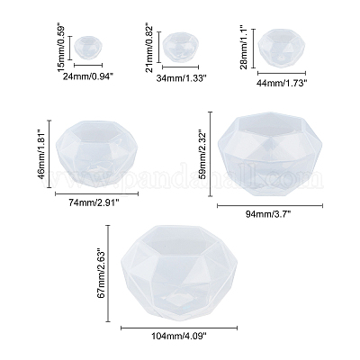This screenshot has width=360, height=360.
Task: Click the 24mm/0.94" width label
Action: (x=87, y=76)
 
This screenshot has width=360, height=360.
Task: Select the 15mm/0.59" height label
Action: (x=61, y=49)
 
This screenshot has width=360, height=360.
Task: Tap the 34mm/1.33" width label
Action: (x=181, y=78)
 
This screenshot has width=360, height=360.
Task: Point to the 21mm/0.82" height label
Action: (x=149, y=48)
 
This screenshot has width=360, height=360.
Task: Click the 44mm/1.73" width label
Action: (x=282, y=83)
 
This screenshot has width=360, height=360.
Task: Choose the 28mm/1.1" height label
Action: (x=244, y=49)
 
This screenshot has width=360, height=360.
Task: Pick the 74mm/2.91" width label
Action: (x=94, y=202)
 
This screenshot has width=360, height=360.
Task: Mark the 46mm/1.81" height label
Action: (x=41, y=154)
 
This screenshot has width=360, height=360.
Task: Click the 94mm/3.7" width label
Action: (x=269, y=214)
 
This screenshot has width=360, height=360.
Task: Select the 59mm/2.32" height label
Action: (x=202, y=154)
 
